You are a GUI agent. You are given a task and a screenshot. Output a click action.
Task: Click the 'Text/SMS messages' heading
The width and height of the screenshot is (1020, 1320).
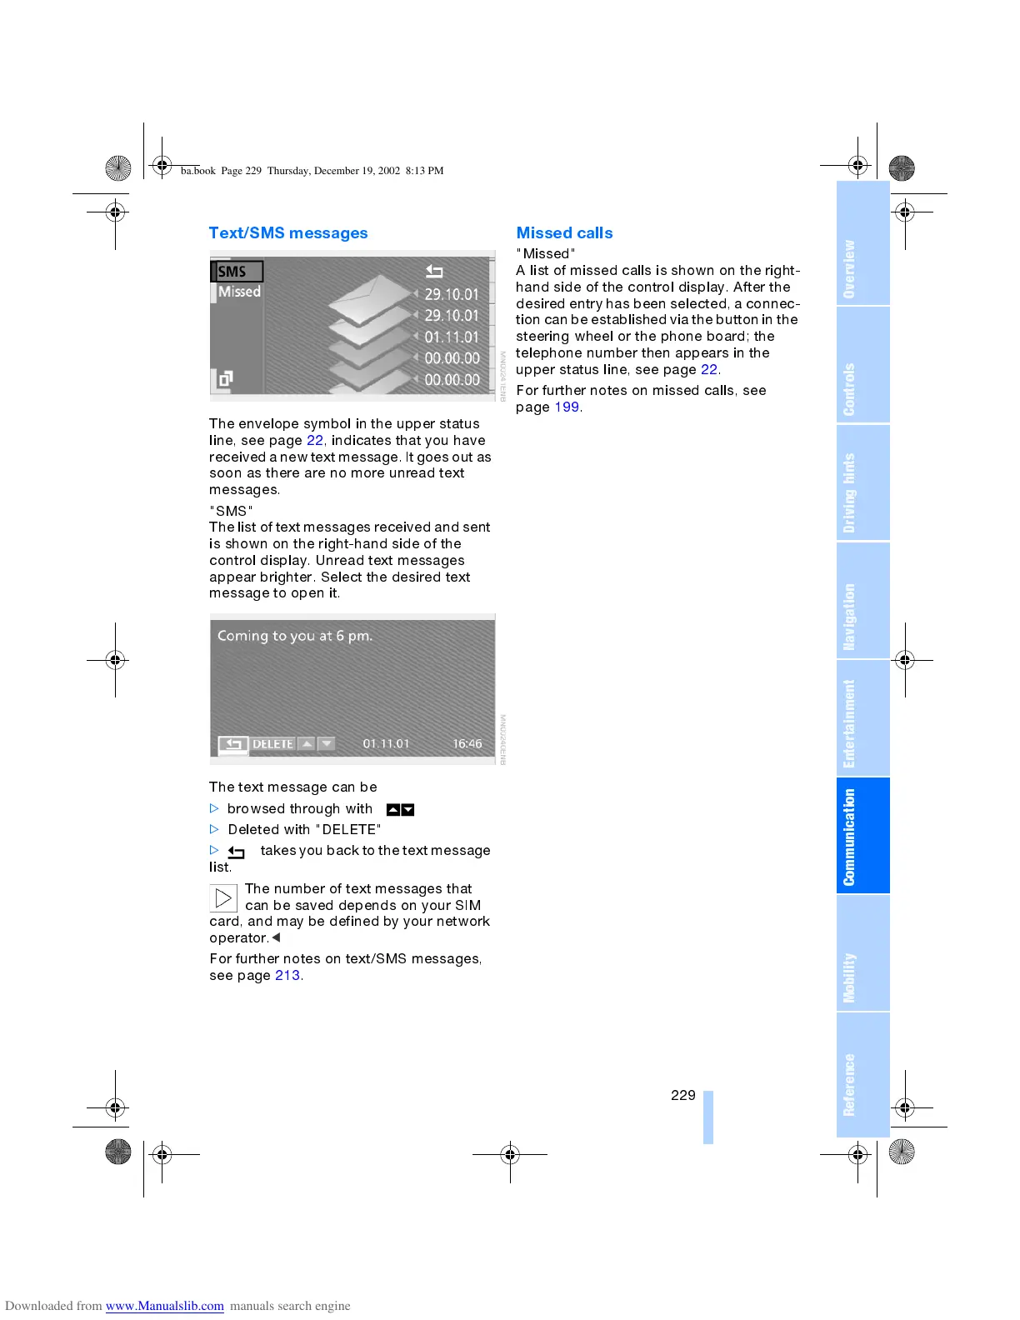pos(288,233)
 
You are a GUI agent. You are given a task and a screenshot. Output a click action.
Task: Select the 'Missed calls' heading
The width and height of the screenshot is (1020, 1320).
pos(564,233)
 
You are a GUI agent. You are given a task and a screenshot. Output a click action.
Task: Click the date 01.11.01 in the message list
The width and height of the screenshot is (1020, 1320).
pos(452,337)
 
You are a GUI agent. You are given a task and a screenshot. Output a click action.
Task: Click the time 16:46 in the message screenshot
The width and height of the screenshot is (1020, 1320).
pos(467,744)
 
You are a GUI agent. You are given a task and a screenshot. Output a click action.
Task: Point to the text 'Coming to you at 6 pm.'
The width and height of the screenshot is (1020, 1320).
pos(295,636)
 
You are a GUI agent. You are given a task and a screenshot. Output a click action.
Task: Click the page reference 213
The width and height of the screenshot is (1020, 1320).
pos(287,976)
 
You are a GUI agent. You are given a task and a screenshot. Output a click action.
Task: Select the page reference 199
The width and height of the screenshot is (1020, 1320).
pos(567,407)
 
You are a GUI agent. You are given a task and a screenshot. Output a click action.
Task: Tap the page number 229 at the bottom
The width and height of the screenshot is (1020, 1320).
pos(682,1095)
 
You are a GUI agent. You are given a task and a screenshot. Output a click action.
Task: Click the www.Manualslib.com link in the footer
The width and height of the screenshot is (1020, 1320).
pos(164,1306)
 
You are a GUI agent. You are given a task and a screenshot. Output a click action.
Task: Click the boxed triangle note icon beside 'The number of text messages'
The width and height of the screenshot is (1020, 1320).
pos(223,898)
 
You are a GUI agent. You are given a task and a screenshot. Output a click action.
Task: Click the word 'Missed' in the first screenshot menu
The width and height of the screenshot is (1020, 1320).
pos(239,292)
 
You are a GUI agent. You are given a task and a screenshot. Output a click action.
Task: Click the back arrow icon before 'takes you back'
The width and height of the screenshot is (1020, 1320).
pos(237,852)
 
